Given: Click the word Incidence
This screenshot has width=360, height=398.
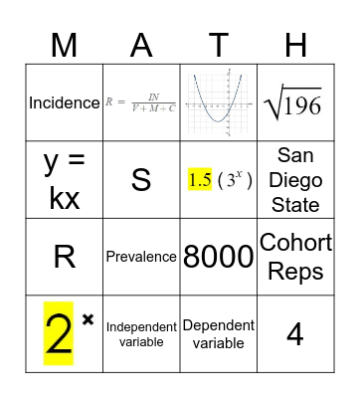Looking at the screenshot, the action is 65,102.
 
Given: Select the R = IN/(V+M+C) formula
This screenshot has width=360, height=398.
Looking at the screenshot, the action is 141,102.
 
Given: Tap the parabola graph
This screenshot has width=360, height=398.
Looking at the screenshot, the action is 218,102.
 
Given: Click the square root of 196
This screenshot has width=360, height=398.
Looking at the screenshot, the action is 294,103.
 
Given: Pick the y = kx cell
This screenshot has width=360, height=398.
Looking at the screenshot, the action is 65,179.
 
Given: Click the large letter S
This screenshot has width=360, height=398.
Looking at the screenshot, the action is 141,180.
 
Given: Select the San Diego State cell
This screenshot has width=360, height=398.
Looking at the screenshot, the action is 294,179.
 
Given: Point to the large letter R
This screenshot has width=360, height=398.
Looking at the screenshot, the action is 65,257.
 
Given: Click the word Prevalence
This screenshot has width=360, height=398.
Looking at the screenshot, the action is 141,257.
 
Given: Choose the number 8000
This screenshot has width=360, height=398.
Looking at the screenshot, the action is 218,257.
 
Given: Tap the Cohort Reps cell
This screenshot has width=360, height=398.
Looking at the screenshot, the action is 294,256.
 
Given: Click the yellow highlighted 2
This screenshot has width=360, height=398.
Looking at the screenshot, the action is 60,334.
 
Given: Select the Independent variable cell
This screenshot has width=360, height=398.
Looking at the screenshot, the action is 141,333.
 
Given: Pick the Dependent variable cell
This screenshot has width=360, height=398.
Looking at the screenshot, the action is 218,333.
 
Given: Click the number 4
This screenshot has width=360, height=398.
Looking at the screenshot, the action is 294,334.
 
